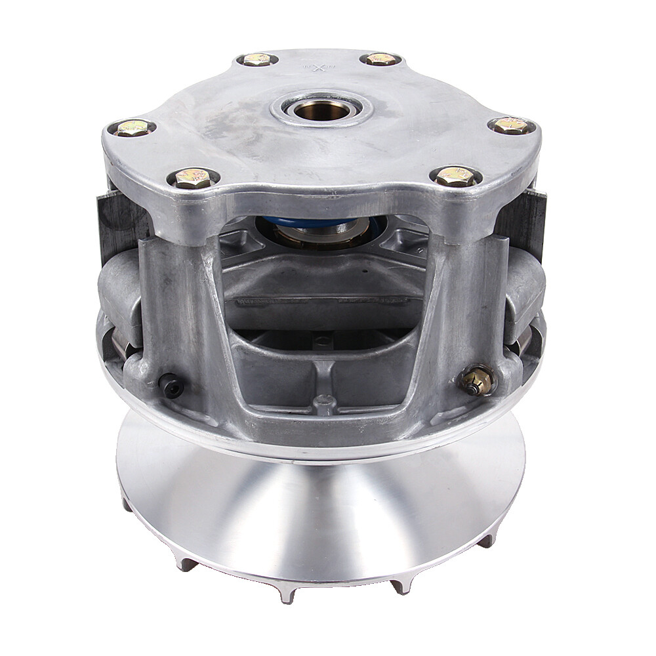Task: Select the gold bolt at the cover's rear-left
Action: (x=256, y=60)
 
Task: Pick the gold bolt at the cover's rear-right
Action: (x=380, y=59)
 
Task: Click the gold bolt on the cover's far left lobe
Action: (x=132, y=128)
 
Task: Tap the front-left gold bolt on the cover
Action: (x=192, y=178)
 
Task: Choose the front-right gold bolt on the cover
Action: (x=456, y=176)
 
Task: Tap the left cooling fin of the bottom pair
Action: (x=287, y=593)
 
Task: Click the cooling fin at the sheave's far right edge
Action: (x=487, y=540)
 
